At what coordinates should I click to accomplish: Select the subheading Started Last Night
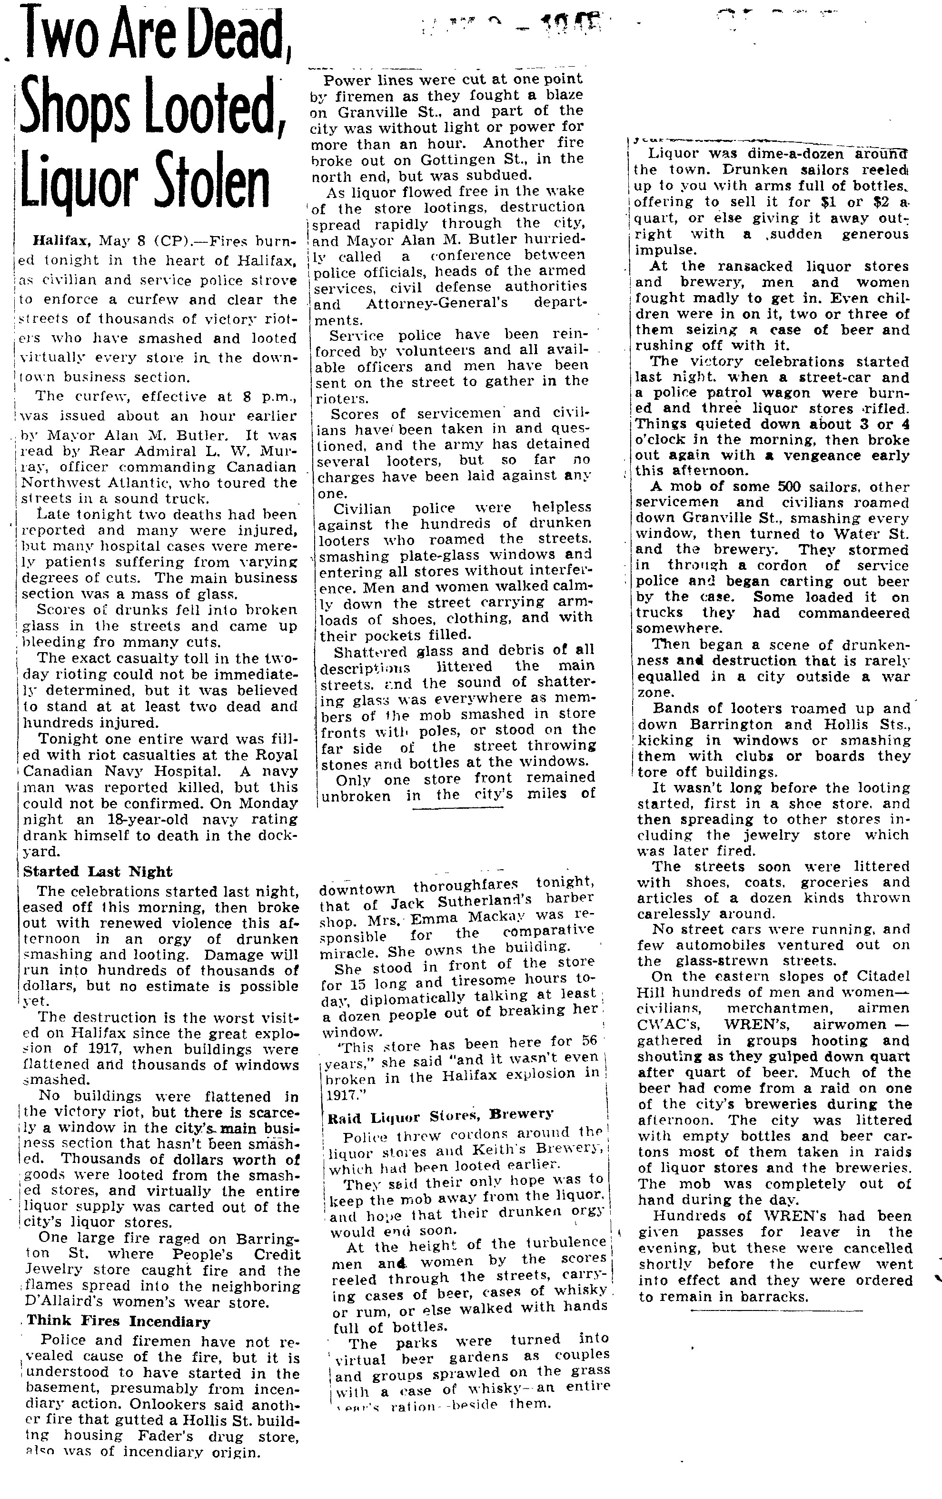(x=98, y=872)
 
